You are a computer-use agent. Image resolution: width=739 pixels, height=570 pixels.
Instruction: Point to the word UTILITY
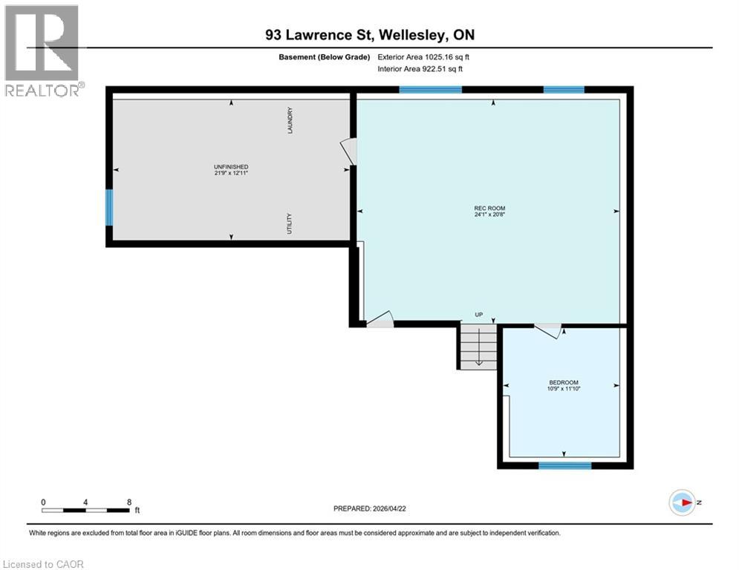point(290,224)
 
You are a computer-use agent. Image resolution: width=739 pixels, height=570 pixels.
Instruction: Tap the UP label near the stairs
point(479,315)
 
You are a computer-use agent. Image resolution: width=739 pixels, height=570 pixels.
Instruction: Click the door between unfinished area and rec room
point(349,151)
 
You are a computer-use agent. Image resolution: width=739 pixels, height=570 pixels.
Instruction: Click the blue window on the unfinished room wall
point(109,208)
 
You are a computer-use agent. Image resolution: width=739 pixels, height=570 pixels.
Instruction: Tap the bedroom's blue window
point(564,465)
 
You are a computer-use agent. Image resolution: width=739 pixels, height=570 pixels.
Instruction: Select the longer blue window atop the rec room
point(430,90)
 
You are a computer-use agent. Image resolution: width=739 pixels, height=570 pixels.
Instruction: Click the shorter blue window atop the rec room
point(564,90)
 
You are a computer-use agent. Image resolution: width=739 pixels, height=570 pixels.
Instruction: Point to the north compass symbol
point(682,502)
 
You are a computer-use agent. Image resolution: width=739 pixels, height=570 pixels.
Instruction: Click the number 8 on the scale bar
point(129,502)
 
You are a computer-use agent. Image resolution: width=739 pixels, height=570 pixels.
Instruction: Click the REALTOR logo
point(42,50)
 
